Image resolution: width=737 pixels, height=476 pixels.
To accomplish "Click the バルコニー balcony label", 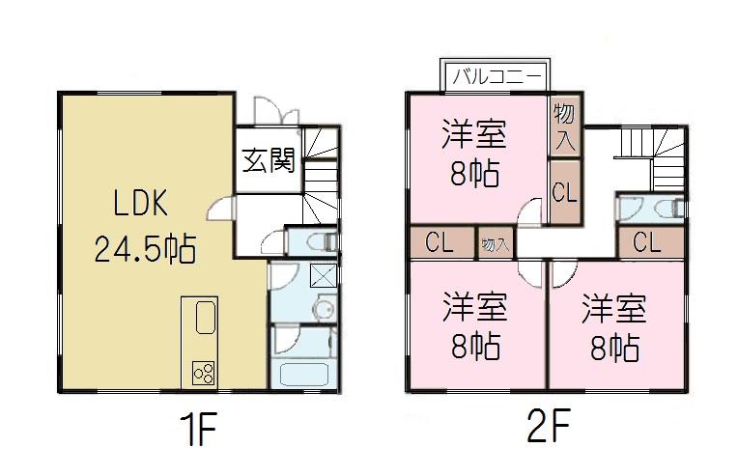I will click(495, 74).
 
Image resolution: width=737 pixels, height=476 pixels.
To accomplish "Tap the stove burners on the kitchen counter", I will click(203, 371).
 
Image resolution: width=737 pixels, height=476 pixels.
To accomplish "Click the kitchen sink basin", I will click(204, 318).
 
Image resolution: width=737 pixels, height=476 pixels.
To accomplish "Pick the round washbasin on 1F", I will click(325, 309).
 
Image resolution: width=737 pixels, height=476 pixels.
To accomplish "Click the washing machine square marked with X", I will click(323, 275).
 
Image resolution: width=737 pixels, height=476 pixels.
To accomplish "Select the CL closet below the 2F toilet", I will click(648, 242).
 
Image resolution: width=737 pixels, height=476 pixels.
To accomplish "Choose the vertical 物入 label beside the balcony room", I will click(565, 126).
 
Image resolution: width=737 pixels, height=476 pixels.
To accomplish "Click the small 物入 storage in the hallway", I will click(496, 244).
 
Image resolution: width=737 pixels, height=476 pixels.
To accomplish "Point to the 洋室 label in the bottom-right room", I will click(612, 311).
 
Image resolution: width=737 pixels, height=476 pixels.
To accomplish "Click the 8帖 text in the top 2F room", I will click(473, 174).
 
